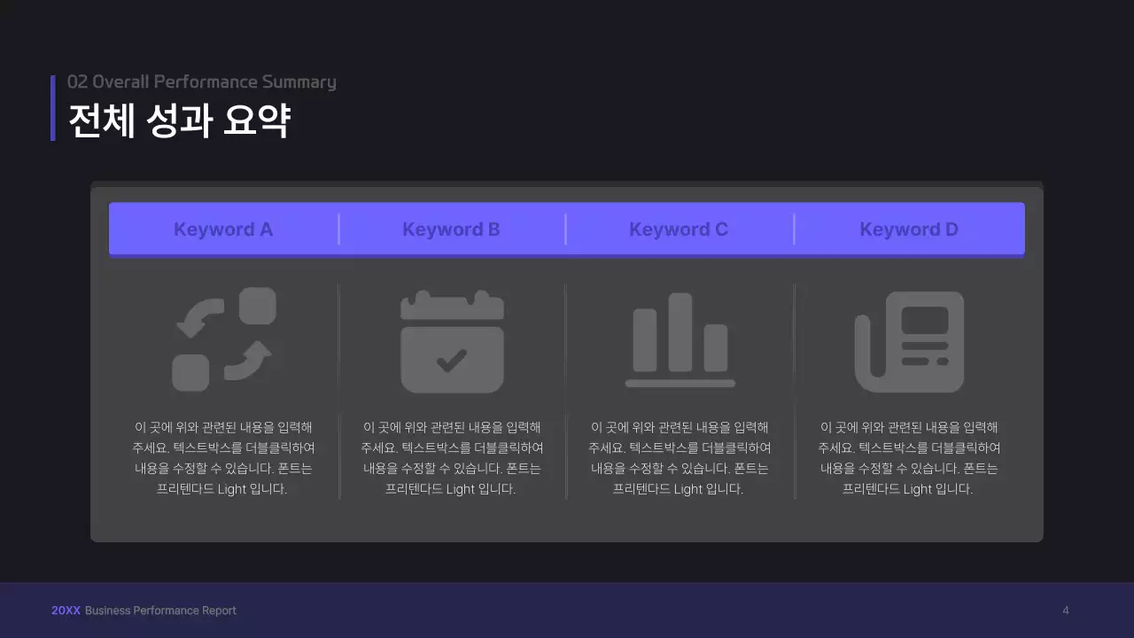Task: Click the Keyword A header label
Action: click(223, 230)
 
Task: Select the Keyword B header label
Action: click(451, 230)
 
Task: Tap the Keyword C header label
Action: click(679, 230)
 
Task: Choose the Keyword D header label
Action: click(909, 230)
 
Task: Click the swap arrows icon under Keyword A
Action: click(223, 339)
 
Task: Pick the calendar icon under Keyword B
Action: click(452, 341)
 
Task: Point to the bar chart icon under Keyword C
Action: click(680, 340)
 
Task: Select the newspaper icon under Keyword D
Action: click(909, 341)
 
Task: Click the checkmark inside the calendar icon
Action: click(452, 359)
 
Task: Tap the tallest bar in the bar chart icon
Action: click(680, 331)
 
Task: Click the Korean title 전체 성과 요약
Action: click(179, 121)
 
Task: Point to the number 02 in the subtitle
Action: click(77, 82)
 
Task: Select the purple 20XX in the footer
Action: click(66, 611)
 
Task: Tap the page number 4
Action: click(1066, 611)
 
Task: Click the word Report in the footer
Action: click(218, 611)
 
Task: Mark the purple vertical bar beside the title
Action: click(53, 107)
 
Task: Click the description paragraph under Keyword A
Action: click(223, 458)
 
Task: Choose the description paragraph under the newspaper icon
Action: click(909, 458)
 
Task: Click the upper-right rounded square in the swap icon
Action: click(258, 306)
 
